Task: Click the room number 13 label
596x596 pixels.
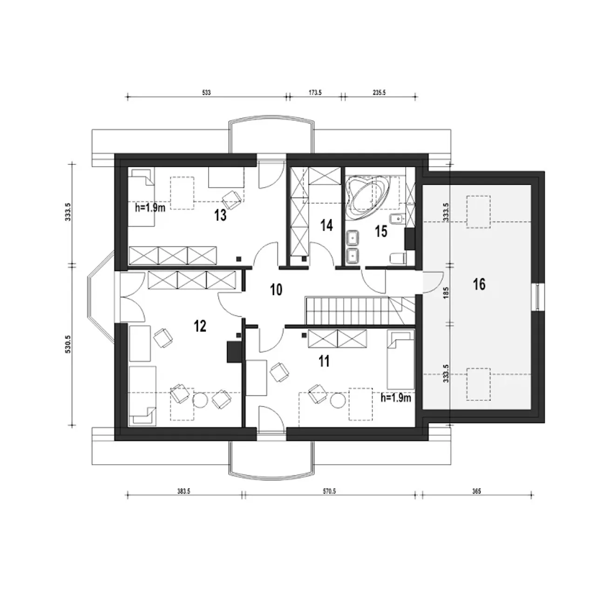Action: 220,215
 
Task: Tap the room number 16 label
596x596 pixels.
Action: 479,284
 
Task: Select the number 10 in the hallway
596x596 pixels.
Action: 276,290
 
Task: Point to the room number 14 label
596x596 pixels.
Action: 326,225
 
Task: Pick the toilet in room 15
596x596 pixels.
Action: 399,258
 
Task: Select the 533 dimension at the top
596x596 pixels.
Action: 206,93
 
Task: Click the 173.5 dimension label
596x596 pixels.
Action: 315,93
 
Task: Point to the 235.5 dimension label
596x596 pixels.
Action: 379,93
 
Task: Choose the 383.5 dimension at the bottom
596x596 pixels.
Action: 184,491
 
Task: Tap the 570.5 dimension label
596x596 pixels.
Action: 329,491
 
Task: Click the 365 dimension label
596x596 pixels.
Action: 477,491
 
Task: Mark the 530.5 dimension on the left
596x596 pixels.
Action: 68,344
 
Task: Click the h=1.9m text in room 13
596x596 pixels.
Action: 150,208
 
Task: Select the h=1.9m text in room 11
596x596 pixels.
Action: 396,398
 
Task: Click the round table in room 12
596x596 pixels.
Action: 200,400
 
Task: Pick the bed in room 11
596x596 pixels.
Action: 400,360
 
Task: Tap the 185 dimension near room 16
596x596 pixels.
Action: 446,292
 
